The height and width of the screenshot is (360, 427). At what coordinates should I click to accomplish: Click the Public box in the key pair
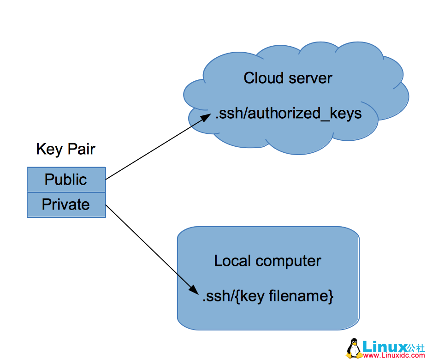pyautogui.click(x=66, y=180)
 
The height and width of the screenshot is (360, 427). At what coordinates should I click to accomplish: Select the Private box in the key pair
pyautogui.click(x=66, y=204)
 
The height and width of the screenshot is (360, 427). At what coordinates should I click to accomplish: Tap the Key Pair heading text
pyautogui.click(x=65, y=149)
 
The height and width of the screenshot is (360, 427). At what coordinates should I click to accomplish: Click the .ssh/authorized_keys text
pyautogui.click(x=288, y=114)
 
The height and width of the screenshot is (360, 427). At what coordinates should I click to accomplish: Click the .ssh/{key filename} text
pyautogui.click(x=267, y=296)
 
